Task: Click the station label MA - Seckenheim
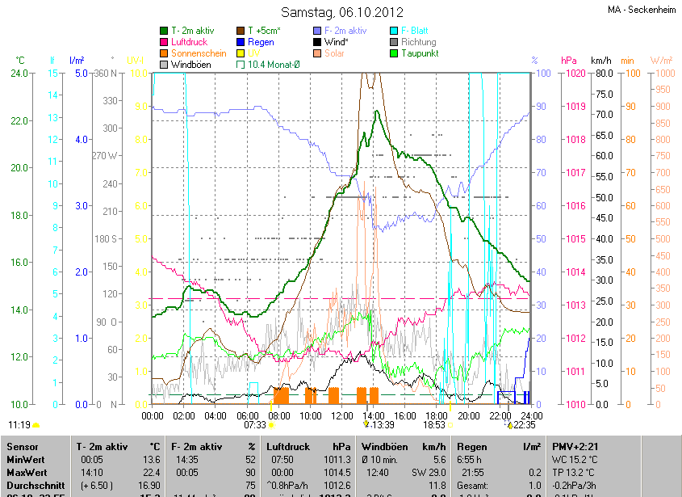coord(641,10)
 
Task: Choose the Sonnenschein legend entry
coord(199,53)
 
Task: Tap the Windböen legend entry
coord(188,65)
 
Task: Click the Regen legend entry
coord(260,42)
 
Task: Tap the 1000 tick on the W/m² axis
coord(661,74)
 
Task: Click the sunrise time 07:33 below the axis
coord(254,425)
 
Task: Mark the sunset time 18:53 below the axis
coord(435,425)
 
